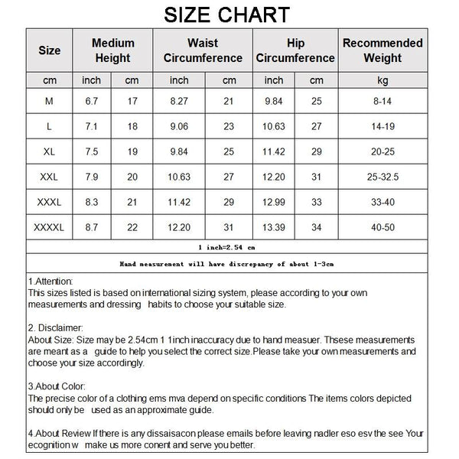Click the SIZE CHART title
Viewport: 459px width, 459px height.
227,15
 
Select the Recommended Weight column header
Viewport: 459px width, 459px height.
382,50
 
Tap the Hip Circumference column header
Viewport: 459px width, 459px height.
295,50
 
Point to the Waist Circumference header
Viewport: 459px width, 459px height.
203,50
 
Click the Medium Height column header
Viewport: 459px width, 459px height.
112,50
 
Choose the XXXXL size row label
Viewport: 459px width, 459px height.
50,227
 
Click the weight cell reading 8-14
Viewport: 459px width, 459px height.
382,99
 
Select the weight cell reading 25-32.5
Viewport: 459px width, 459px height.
382,177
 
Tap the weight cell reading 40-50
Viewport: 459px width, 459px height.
382,227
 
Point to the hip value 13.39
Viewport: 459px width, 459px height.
274,227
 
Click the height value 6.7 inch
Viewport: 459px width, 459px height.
92,99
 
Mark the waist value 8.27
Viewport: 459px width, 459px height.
180,99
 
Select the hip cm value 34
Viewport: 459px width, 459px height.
316,227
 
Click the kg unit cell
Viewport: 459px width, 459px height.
382,80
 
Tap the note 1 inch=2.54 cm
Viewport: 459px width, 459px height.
226,247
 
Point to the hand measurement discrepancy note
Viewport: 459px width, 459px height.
226,263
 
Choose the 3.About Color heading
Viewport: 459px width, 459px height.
57,387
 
